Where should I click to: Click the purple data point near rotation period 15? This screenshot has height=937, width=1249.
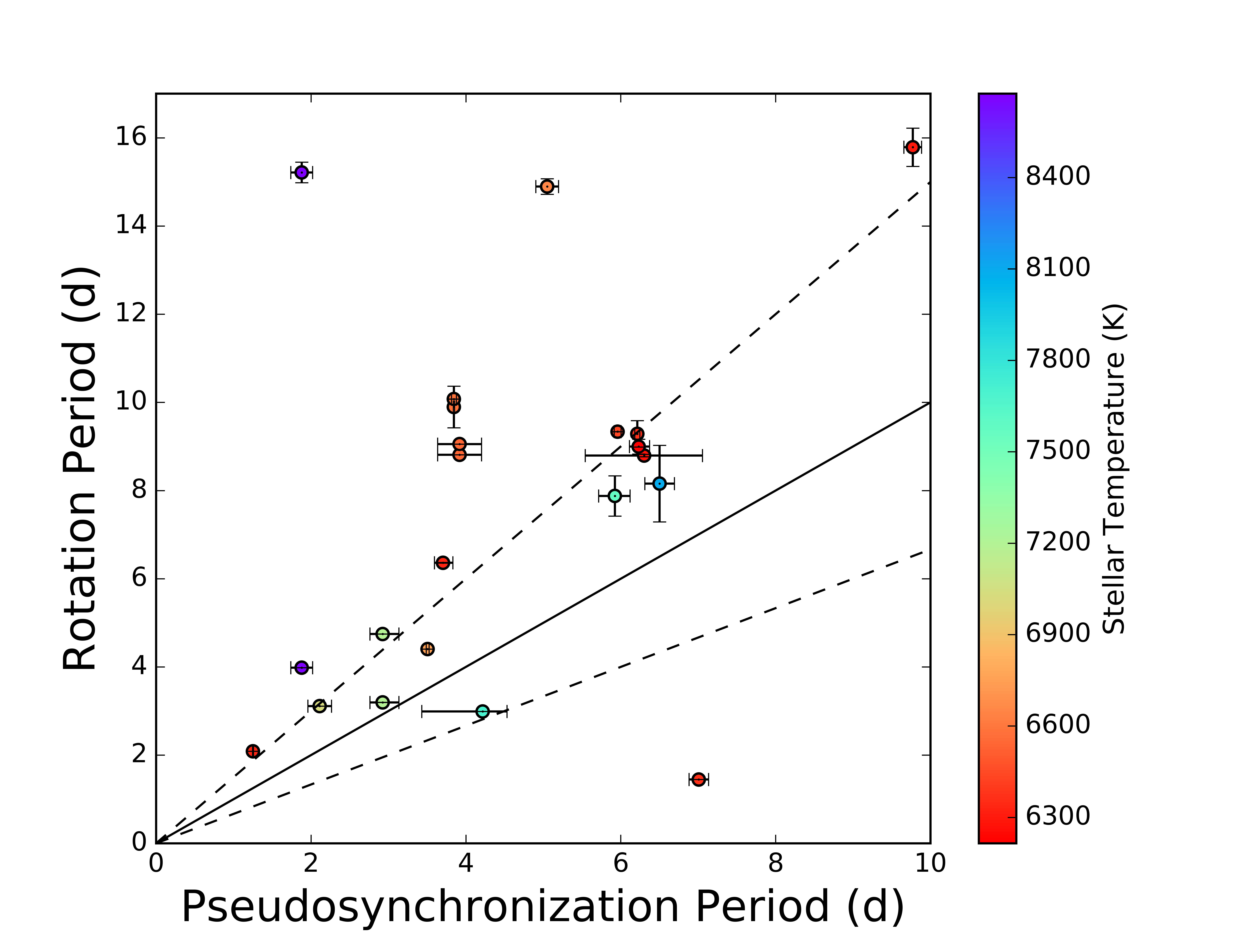[x=302, y=172]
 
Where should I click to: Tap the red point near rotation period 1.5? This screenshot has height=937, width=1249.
[x=698, y=779]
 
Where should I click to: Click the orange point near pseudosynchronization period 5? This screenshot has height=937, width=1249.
[x=547, y=186]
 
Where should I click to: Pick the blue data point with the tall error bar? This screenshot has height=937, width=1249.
[x=659, y=483]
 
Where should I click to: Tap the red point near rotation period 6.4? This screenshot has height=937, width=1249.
[x=443, y=563]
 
